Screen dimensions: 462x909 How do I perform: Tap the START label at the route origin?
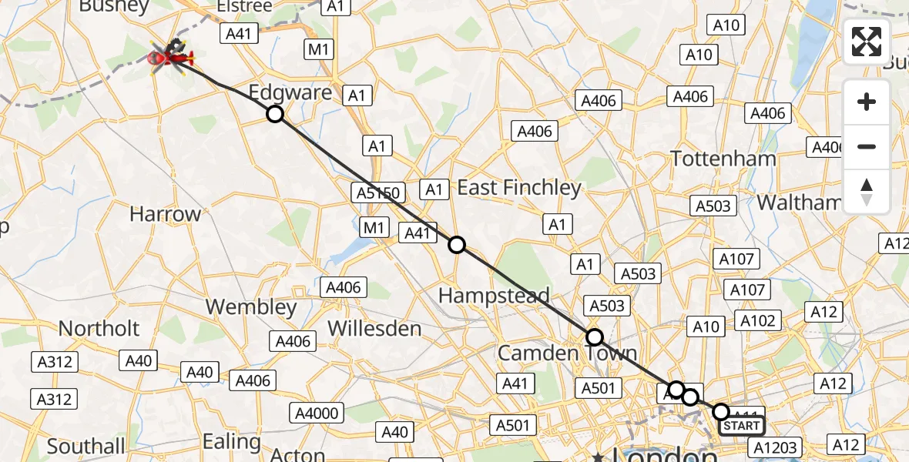click(742, 426)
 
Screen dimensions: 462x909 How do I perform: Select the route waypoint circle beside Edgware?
click(275, 115)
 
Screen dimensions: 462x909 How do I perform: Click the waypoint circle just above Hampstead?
click(457, 245)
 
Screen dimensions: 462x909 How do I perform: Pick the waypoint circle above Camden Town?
click(594, 336)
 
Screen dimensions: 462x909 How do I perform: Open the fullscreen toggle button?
click(867, 42)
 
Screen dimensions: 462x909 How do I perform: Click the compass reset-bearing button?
click(867, 191)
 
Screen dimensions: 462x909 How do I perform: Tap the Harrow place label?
click(165, 214)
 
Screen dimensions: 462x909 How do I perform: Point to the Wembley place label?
click(251, 307)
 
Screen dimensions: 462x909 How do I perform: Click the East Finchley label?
click(519, 188)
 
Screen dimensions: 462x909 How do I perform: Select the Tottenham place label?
click(723, 159)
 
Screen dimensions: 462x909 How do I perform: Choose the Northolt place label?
click(99, 328)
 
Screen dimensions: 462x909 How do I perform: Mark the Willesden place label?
click(374, 329)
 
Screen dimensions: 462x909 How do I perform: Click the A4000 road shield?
click(317, 413)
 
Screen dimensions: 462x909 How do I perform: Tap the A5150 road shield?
click(377, 192)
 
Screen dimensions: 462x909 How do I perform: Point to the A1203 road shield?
click(776, 447)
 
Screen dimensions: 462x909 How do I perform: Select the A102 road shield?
click(757, 320)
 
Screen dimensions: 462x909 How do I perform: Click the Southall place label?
click(86, 446)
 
